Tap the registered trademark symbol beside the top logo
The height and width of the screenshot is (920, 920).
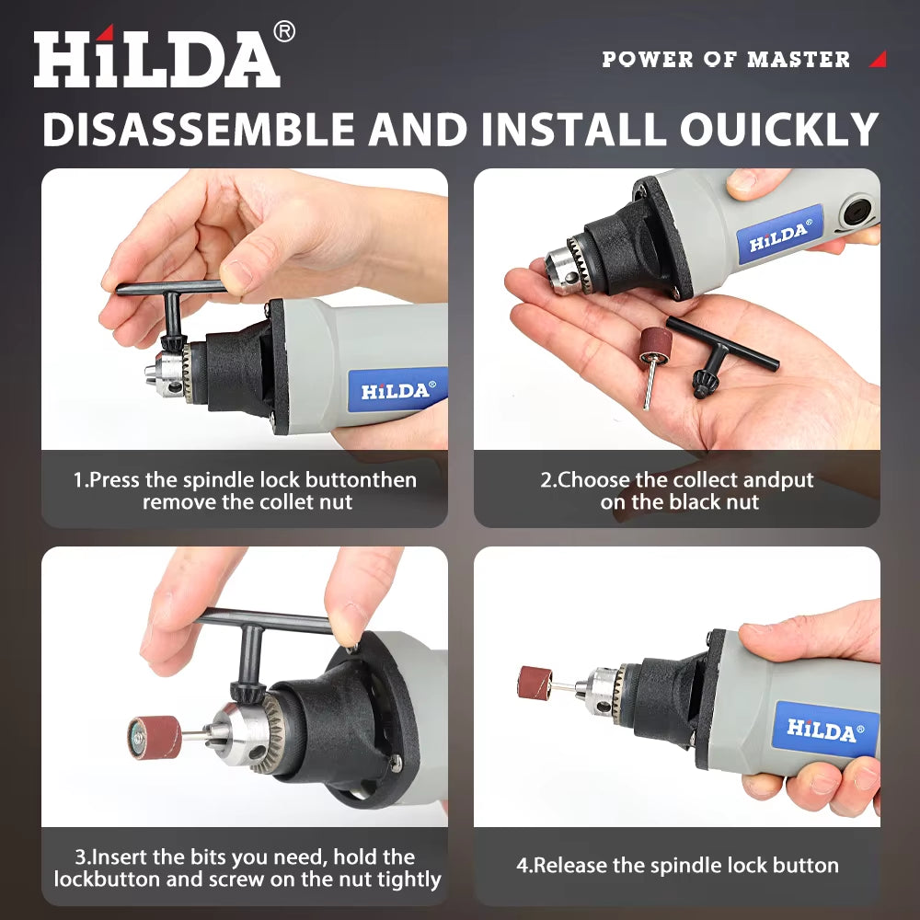point(285,32)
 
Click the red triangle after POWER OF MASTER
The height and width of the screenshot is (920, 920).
point(878,60)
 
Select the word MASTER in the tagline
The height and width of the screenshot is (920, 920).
point(799,60)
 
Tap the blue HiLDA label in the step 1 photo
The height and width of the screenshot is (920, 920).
point(396,390)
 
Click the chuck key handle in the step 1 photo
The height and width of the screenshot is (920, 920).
point(170,288)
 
